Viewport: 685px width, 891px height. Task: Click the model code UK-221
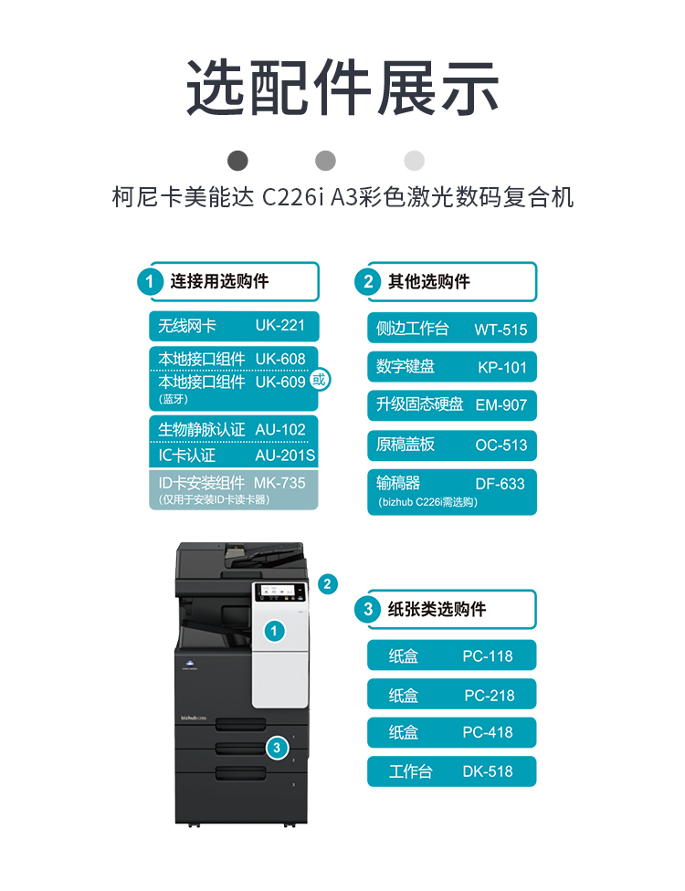280,325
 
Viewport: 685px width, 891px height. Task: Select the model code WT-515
501,330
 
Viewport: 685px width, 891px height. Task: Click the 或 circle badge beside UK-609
320,379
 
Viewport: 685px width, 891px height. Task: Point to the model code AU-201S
285,456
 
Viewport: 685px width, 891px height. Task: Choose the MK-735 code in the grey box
279,483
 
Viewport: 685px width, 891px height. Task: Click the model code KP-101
502,368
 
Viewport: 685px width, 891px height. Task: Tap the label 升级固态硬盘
419,404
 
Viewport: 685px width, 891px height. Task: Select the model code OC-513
501,445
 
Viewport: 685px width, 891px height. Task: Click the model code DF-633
501,484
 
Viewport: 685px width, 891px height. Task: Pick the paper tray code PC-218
490,696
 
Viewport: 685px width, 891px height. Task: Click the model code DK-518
488,771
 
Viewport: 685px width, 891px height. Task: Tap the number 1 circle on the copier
275,630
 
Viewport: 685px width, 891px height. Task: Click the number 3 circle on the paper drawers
277,748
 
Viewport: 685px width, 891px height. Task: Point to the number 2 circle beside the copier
328,583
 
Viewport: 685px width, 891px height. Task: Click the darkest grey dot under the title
237,161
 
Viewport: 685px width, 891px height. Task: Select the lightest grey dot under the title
415,161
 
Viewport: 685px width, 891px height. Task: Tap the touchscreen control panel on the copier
280,592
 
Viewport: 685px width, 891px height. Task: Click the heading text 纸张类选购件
437,609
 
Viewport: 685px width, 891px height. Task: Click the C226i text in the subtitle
292,197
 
